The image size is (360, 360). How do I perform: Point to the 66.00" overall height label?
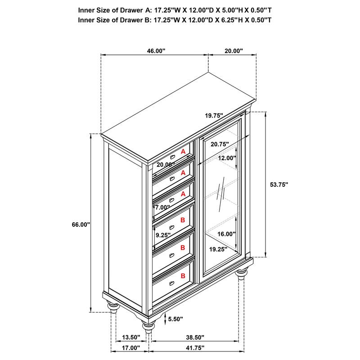click(x=82, y=225)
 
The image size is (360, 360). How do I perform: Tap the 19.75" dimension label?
click(x=214, y=116)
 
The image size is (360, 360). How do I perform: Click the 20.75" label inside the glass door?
click(x=219, y=144)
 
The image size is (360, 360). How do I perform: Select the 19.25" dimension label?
click(x=218, y=248)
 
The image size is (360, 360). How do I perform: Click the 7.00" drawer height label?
click(x=162, y=207)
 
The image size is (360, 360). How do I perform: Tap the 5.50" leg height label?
click(x=175, y=319)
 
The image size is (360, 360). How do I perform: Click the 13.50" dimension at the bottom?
click(x=131, y=337)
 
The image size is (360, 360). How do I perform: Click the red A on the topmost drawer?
click(x=183, y=152)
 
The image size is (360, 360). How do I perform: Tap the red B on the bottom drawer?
click(x=183, y=275)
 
